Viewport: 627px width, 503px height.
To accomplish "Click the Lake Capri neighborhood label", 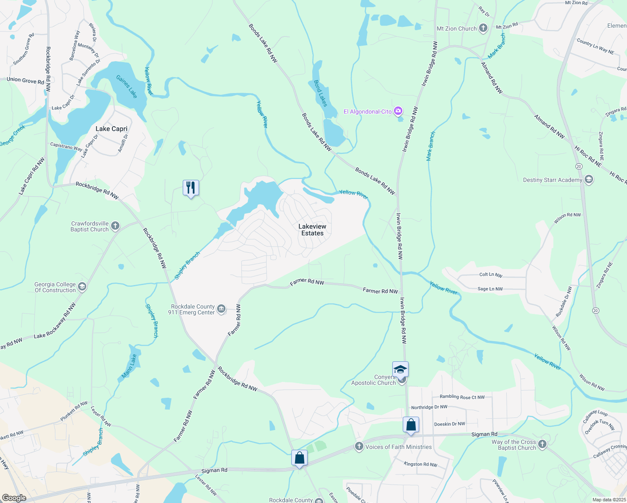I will pyautogui.click(x=111, y=129).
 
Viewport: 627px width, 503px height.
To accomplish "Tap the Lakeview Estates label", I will pyautogui.click(x=312, y=230).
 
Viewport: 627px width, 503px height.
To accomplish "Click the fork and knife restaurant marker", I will pyautogui.click(x=191, y=188).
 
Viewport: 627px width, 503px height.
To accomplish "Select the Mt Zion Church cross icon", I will pyautogui.click(x=483, y=29).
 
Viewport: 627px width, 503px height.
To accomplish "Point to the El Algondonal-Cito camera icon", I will pyautogui.click(x=398, y=111).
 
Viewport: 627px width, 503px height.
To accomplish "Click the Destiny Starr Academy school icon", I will pyautogui.click(x=589, y=180).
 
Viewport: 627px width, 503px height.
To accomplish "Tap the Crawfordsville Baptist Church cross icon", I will pyautogui.click(x=115, y=226).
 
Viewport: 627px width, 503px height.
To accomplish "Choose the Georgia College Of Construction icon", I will pyautogui.click(x=82, y=287).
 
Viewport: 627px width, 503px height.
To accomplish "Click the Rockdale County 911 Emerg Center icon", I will pyautogui.click(x=221, y=309).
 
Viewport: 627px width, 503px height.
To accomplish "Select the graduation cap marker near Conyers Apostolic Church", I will pyautogui.click(x=400, y=369).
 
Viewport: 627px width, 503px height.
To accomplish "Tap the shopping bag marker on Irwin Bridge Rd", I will pyautogui.click(x=411, y=425).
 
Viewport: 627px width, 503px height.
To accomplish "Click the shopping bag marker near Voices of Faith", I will pyautogui.click(x=299, y=458).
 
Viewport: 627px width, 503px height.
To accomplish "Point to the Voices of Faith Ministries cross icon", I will pyautogui.click(x=359, y=446).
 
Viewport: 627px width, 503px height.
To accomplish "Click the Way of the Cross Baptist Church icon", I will pyautogui.click(x=542, y=444).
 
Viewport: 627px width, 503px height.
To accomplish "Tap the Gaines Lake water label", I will pyautogui.click(x=126, y=87).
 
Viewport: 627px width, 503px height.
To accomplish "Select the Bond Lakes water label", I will pyautogui.click(x=320, y=93).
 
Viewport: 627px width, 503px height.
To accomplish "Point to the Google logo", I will pyautogui.click(x=14, y=498).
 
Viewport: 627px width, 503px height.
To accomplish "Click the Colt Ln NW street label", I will pyautogui.click(x=491, y=275).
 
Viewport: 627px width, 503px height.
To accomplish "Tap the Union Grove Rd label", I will pyautogui.click(x=25, y=80).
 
